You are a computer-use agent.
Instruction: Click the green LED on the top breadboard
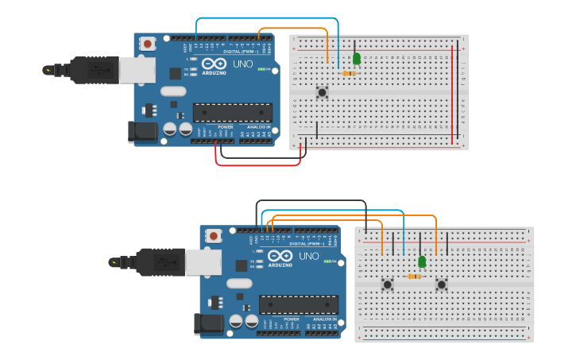[357, 59]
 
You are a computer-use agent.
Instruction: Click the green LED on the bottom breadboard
[422, 261]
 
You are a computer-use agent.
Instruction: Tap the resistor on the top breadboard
[349, 74]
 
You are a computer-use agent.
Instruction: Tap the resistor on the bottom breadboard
[414, 277]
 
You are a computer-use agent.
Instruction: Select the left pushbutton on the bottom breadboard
[387, 284]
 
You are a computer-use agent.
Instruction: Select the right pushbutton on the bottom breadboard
[442, 284]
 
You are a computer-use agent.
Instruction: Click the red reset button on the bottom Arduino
[213, 236]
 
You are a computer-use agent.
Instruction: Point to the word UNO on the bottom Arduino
[307, 256]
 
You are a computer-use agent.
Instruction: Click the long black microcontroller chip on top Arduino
[232, 112]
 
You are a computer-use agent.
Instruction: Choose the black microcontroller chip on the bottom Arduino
[298, 304]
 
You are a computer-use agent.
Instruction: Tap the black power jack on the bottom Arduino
[209, 323]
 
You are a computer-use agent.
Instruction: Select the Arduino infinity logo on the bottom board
[280, 256]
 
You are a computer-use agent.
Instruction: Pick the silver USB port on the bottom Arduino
[203, 261]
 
